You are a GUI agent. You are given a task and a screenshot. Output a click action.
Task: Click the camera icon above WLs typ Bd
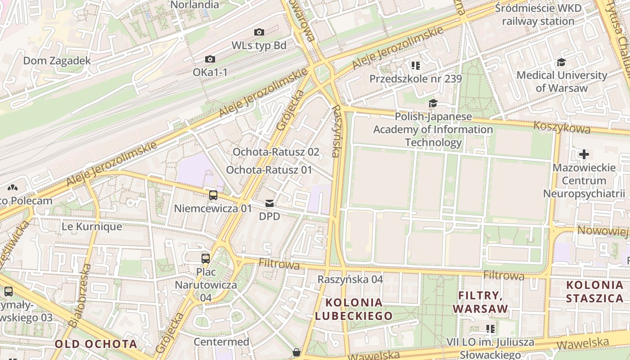tap(259, 32)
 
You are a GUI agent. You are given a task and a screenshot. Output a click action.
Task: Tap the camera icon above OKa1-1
tap(210, 59)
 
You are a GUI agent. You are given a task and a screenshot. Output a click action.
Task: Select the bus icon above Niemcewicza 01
tap(213, 195)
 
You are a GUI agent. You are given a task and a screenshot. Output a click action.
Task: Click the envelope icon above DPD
tap(270, 203)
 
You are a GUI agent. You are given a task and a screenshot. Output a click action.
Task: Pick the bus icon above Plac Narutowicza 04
tap(206, 258)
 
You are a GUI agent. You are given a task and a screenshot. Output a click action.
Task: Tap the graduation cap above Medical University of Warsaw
tap(561, 62)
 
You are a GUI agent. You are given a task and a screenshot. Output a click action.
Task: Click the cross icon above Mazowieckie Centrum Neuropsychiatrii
tap(584, 154)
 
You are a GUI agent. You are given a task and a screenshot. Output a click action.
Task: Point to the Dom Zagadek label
tap(57, 61)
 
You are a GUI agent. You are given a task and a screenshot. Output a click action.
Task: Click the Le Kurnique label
tap(92, 226)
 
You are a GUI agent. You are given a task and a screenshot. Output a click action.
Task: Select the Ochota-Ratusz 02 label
tap(276, 152)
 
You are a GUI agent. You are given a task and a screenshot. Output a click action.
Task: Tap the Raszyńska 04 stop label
tap(350, 279)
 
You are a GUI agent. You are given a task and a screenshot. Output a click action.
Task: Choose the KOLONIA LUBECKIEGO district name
tap(354, 309)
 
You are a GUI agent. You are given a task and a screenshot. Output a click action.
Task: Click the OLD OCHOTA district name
tap(96, 344)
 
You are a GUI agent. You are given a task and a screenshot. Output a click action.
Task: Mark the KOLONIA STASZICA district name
tap(594, 292)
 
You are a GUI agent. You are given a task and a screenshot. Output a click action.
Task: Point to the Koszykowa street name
tap(562, 127)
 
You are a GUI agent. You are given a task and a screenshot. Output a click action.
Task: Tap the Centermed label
tap(221, 342)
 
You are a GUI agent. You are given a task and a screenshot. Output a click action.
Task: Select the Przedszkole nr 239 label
tap(415, 79)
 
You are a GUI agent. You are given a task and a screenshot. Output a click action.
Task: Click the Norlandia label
tap(195, 5)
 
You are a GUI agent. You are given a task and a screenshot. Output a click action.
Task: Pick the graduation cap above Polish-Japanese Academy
tap(433, 103)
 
